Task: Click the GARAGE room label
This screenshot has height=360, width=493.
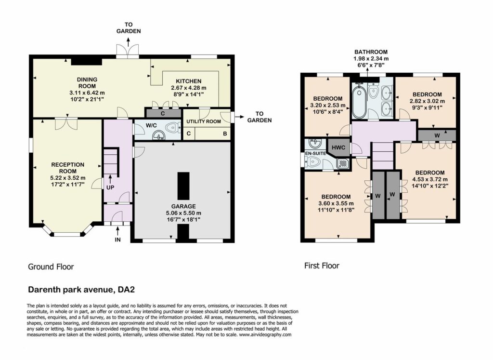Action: click(x=183, y=206)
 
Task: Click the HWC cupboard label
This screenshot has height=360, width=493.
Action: click(x=338, y=147)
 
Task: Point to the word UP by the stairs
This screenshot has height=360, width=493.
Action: click(x=110, y=187)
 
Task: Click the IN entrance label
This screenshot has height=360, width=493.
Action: click(x=117, y=240)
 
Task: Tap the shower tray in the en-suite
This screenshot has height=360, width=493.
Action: click(x=342, y=163)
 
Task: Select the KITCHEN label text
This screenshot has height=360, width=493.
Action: click(x=189, y=81)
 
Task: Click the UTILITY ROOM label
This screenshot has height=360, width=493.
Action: click(x=204, y=121)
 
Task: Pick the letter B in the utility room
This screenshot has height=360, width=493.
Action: click(x=225, y=134)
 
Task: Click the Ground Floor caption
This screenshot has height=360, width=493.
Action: click(x=51, y=267)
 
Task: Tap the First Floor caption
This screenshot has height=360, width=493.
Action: click(x=322, y=266)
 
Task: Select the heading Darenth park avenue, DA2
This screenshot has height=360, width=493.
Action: click(x=81, y=290)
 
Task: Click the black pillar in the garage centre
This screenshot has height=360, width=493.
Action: click(x=183, y=186)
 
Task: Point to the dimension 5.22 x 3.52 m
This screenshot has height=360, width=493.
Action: click(x=68, y=178)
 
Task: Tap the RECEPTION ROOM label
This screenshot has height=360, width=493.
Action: click(x=68, y=168)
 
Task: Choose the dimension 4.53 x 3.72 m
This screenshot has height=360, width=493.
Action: click(x=430, y=179)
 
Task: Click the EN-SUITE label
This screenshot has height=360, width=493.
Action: click(x=316, y=153)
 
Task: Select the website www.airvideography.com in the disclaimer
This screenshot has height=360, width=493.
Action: click(x=265, y=335)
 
